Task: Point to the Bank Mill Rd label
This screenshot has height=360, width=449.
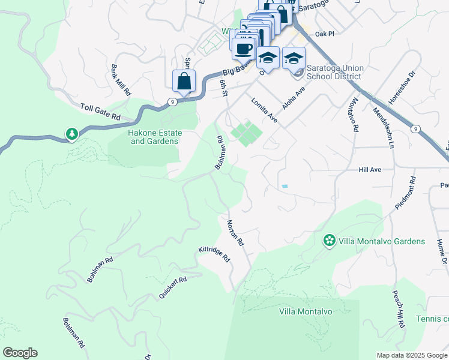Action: [119, 80]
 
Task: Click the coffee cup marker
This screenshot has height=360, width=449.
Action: [244, 48]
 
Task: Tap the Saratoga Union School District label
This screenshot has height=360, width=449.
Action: [334, 72]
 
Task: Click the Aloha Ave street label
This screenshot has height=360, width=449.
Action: [294, 97]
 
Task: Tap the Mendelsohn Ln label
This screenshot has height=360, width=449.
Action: [382, 127]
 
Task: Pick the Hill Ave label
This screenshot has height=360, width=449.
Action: [370, 170]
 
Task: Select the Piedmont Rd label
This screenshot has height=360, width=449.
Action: [405, 193]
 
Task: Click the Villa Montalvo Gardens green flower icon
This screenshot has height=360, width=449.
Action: [329, 241]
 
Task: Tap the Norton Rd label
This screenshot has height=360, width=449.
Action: [235, 233]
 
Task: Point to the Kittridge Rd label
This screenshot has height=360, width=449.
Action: [214, 255]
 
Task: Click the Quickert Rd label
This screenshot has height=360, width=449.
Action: [173, 287]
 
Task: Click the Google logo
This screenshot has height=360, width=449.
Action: [20, 353]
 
